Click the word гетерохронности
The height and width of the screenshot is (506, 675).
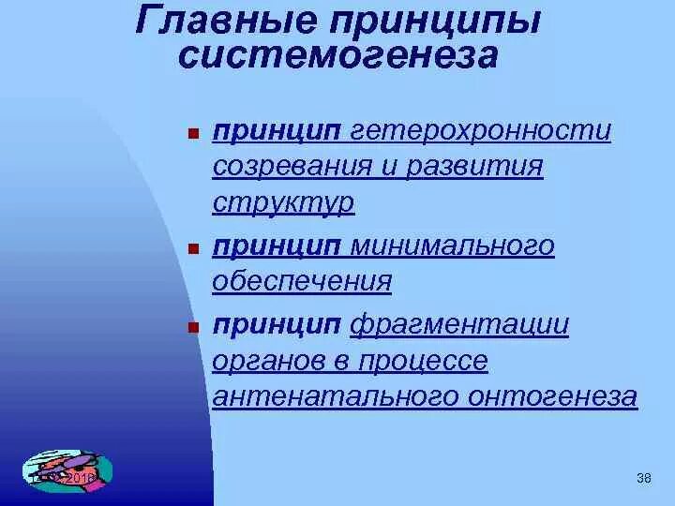click(x=481, y=131)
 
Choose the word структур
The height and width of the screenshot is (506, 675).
click(x=283, y=203)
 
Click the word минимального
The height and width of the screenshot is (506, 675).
click(x=452, y=246)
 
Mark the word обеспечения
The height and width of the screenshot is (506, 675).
click(x=302, y=282)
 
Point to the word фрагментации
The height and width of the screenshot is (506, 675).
click(x=459, y=325)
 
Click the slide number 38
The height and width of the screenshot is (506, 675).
click(x=643, y=480)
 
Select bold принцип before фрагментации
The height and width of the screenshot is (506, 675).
click(x=277, y=325)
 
